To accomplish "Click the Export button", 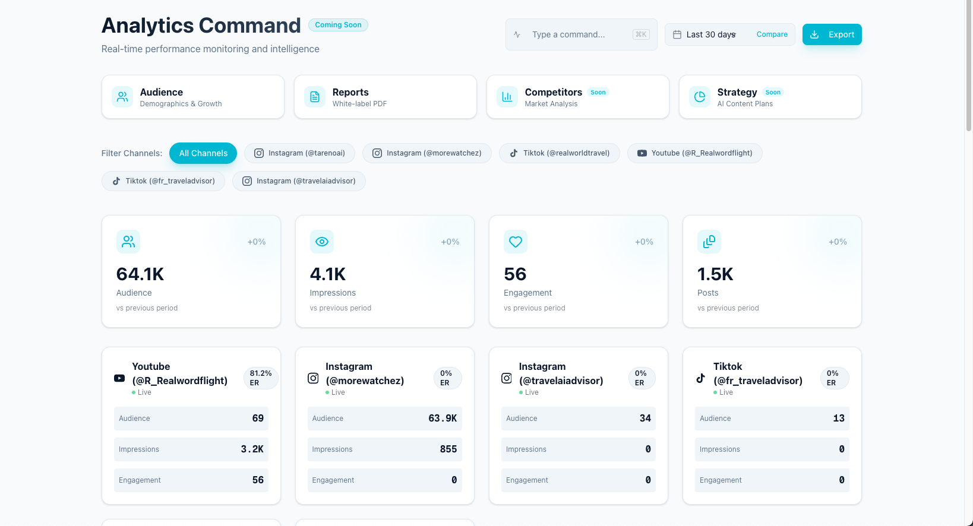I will [832, 34].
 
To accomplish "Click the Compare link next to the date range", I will [772, 34].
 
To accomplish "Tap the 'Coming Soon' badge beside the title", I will [338, 25].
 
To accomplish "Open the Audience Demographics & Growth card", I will [192, 97].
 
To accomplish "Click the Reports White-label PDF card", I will [385, 97].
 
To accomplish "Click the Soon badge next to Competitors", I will [598, 92].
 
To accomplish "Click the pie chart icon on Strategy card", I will [700, 97].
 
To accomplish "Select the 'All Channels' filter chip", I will [203, 153].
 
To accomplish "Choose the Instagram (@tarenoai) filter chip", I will [299, 153].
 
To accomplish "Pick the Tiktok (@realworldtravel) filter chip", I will [559, 153].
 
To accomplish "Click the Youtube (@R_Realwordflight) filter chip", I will [694, 153].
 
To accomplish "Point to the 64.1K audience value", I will [140, 274].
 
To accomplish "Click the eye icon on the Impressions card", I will [322, 242].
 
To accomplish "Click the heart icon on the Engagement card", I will [516, 242].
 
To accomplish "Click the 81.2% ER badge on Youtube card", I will [260, 378].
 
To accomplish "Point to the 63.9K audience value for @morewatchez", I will [443, 419].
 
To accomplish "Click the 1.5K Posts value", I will [715, 274].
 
